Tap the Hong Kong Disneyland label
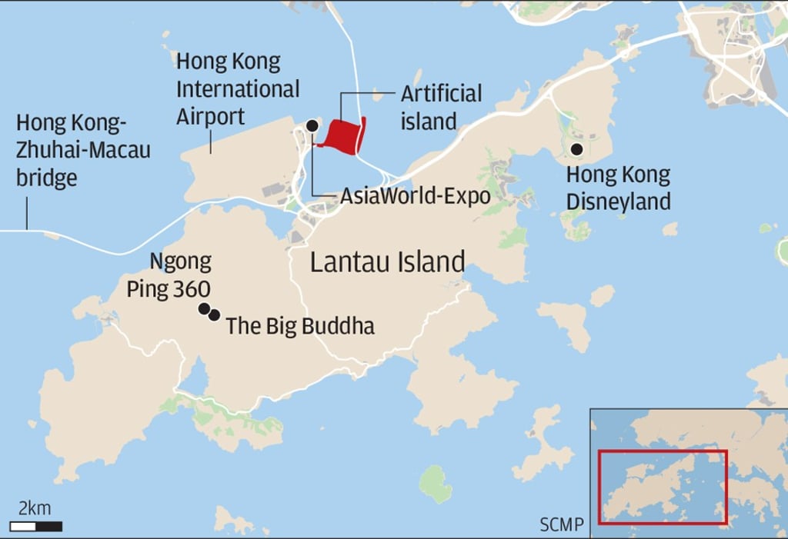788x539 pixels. pos(619,188)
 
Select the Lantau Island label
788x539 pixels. pos(387,262)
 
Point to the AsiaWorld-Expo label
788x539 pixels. pos(415,196)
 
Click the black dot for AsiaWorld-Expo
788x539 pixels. pos(312,125)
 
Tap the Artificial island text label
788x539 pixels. pos(441,107)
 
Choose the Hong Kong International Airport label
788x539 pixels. pos(238,88)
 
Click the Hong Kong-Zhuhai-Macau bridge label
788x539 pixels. pos(83,150)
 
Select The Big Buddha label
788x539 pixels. pos(300,326)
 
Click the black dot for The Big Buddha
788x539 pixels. pos(215,314)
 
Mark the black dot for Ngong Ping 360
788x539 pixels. pos(204,309)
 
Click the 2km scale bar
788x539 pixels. pos(37,527)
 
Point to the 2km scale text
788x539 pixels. pos(35,508)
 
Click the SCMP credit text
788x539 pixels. pos(561,526)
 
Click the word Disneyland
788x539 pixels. pos(619,201)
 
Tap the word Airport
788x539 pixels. pos(211,117)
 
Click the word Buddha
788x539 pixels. pos(339,326)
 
